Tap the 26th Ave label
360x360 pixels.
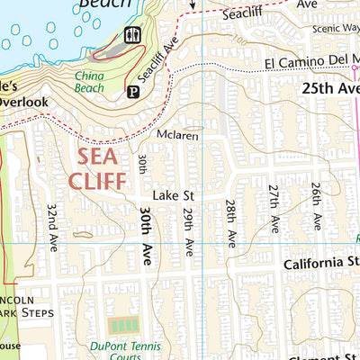[x=316, y=206]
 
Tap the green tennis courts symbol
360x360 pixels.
[x=123, y=325]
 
